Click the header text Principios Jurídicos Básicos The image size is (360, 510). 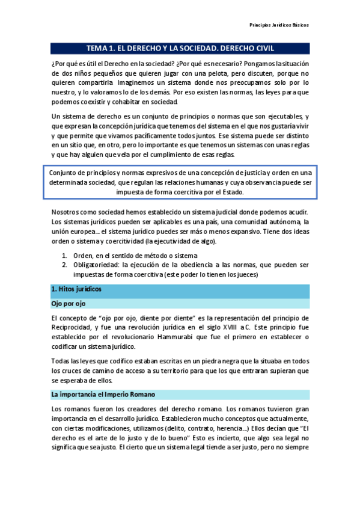pos(279,26)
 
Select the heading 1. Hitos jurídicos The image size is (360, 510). pos(76,289)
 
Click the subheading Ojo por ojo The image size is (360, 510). pos(69,304)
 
